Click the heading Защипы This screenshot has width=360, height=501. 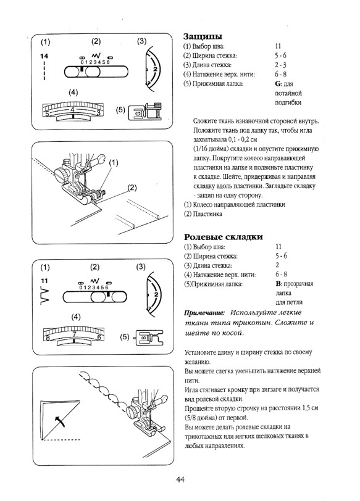coord(203,36)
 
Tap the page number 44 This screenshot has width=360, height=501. coord(180,480)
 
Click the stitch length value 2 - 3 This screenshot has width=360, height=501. coord(280,64)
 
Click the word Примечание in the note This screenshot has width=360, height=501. coord(203,313)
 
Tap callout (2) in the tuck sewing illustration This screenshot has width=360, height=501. coord(131,186)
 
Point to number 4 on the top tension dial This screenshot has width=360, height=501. coord(73,110)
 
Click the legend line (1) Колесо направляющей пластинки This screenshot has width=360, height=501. coord(233,204)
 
